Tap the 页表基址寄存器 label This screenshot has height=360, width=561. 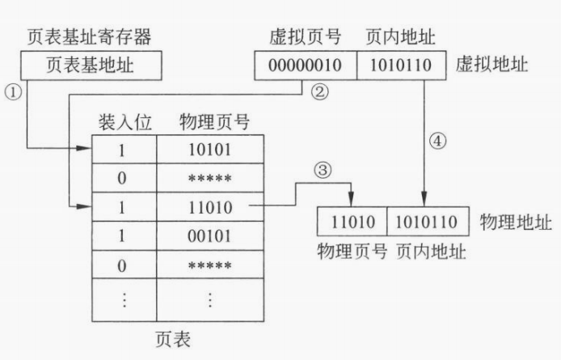click(86, 36)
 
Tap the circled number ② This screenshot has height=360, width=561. click(320, 92)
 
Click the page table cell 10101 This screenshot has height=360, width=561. click(209, 149)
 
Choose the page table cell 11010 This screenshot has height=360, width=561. click(209, 207)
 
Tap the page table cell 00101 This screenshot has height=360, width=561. click(209, 236)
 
